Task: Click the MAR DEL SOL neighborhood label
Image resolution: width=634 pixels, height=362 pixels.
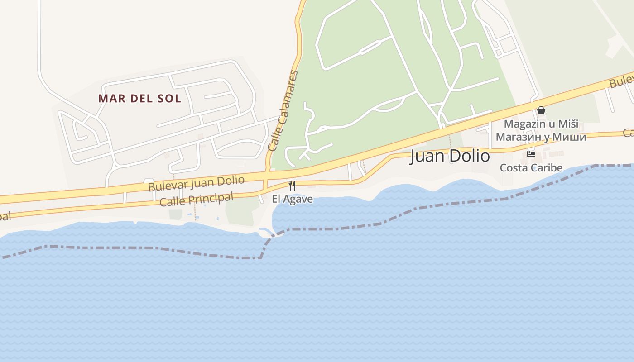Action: pyautogui.click(x=139, y=98)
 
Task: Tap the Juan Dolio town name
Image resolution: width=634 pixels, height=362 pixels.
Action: pyautogui.click(x=450, y=156)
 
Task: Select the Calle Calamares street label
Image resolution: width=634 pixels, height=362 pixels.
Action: pyautogui.click(x=283, y=111)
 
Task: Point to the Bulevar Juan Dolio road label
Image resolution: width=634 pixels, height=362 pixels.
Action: pyautogui.click(x=196, y=183)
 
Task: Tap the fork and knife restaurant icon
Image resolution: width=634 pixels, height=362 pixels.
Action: pyautogui.click(x=292, y=186)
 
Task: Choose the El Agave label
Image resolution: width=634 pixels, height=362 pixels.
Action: pyautogui.click(x=292, y=199)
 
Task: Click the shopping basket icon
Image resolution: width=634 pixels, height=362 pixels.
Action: pyautogui.click(x=541, y=110)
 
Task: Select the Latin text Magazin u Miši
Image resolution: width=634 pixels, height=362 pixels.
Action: pyautogui.click(x=541, y=124)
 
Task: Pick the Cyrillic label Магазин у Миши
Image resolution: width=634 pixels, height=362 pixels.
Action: pyautogui.click(x=541, y=137)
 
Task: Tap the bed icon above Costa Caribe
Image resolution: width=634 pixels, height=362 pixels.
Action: pyautogui.click(x=531, y=154)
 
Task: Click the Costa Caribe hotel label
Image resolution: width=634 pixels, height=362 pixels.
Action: pyautogui.click(x=531, y=168)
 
